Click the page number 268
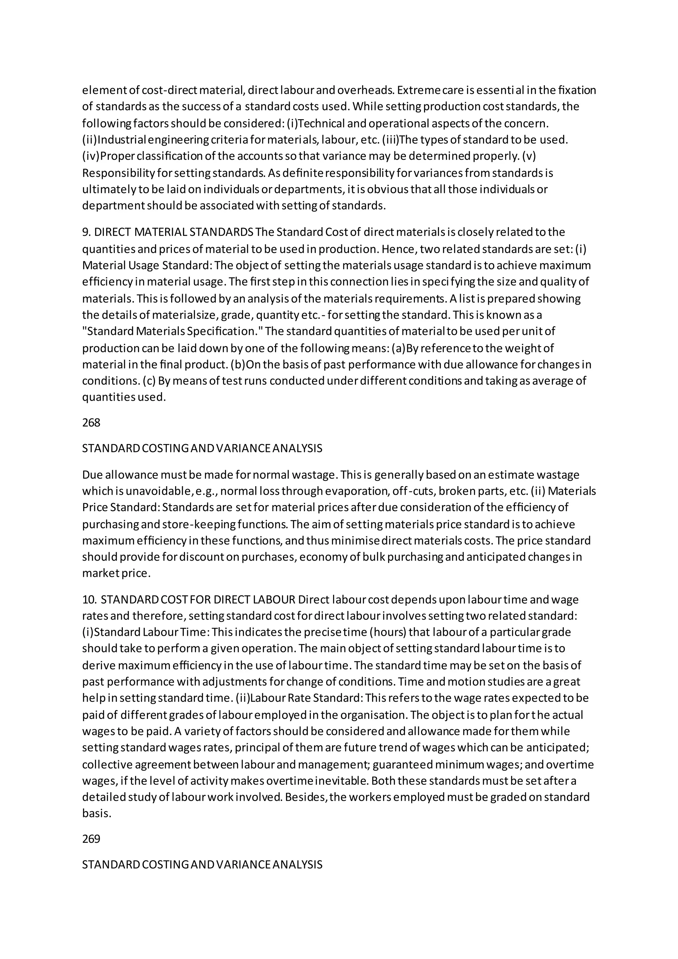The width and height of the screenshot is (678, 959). [91, 423]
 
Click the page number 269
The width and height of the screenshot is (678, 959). [91, 839]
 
